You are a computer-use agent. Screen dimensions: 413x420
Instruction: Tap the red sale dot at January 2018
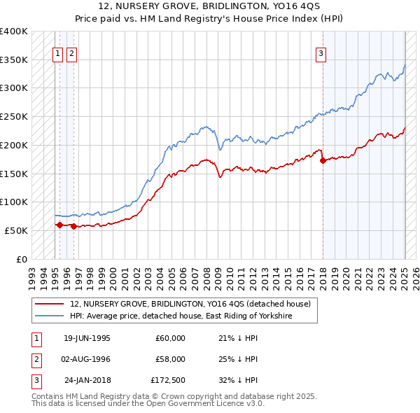[323, 160]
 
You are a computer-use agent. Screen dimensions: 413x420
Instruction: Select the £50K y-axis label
[17, 230]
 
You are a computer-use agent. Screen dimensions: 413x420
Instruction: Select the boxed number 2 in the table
[35, 359]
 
